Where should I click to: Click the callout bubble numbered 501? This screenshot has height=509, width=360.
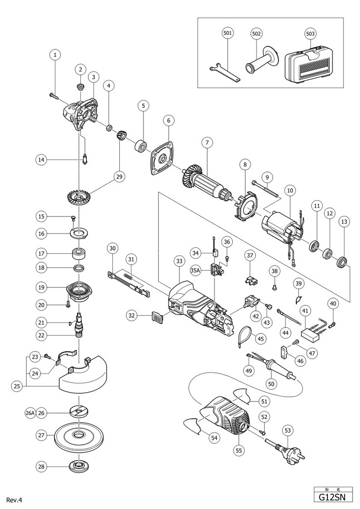coord(228,33)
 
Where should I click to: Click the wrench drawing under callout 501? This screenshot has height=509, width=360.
coord(224,72)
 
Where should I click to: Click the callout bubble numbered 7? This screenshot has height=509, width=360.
coord(207,142)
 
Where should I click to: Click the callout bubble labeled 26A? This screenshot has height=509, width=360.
coord(30,413)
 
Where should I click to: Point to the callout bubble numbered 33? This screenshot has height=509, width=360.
coord(179,261)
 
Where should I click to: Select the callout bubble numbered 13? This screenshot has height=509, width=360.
coord(344,222)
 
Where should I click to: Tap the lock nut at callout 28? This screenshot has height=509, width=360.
coord(77,467)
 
